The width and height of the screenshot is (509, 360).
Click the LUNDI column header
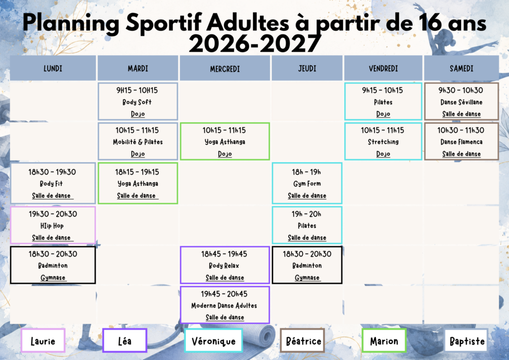[53, 68]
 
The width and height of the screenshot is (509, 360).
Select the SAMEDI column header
[461, 68]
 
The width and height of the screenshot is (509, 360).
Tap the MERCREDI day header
[225, 68]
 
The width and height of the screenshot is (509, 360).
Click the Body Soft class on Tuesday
[138, 101]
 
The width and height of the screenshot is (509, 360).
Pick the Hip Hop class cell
[53, 225]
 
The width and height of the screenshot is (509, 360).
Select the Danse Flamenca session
[461, 141]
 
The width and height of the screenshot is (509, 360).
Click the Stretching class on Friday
[383, 141]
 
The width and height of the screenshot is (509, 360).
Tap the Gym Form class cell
[307, 183]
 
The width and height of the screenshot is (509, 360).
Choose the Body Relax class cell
[225, 265]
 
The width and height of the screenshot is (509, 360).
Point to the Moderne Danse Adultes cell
[225, 305]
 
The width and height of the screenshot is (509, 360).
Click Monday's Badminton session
[53, 265]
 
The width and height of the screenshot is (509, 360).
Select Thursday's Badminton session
[307, 265]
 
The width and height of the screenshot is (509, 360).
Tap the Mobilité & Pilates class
[138, 141]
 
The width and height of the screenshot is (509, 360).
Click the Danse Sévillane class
[461, 101]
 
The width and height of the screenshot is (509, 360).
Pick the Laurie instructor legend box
[43, 341]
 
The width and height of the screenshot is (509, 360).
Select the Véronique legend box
[213, 341]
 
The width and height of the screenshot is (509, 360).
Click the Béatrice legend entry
[303, 341]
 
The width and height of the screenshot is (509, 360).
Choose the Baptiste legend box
[466, 341]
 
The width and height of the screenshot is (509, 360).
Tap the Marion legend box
[384, 341]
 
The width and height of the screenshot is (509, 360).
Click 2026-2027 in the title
[254, 44]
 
